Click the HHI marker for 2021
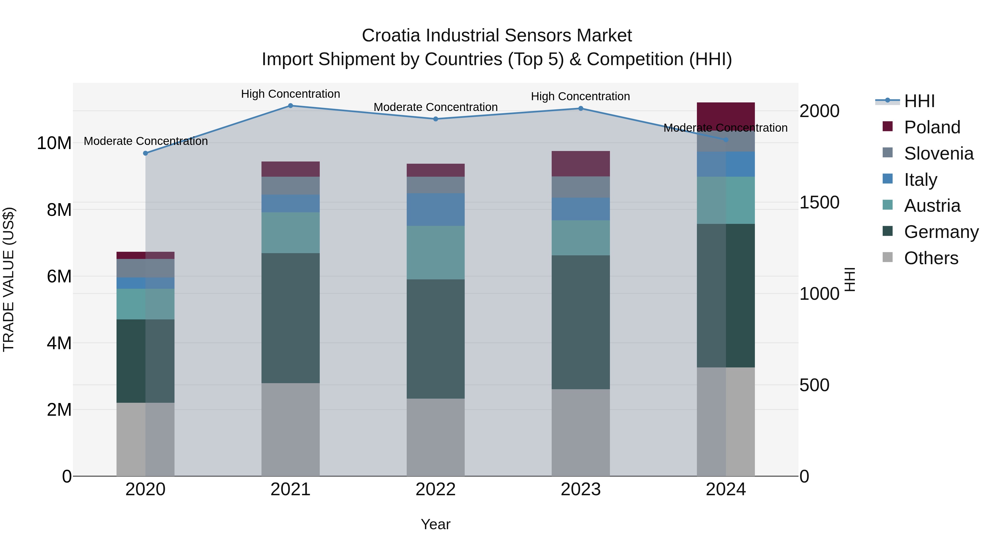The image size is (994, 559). pyautogui.click(x=290, y=106)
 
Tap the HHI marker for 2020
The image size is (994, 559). pyautogui.click(x=146, y=153)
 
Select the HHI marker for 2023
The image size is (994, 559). pyautogui.click(x=581, y=108)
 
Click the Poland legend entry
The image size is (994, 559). pyautogui.click(x=932, y=127)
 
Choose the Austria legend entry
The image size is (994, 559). pyautogui.click(x=932, y=206)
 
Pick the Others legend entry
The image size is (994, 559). pyautogui.click(x=931, y=258)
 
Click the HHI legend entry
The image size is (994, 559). pyautogui.click(x=919, y=101)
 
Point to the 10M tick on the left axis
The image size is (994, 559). pyautogui.click(x=54, y=143)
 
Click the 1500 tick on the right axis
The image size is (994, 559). pyautogui.click(x=819, y=203)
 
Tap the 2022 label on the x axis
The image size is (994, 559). pyautogui.click(x=436, y=489)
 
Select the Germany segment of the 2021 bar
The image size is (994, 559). pyautogui.click(x=290, y=318)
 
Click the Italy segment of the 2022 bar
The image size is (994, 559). pyautogui.click(x=436, y=210)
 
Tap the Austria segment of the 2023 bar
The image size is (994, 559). pyautogui.click(x=581, y=238)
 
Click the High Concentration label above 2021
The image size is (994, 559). pyautogui.click(x=290, y=94)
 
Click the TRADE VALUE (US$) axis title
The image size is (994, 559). pyautogui.click(x=9, y=279)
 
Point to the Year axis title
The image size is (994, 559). pyautogui.click(x=436, y=524)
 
